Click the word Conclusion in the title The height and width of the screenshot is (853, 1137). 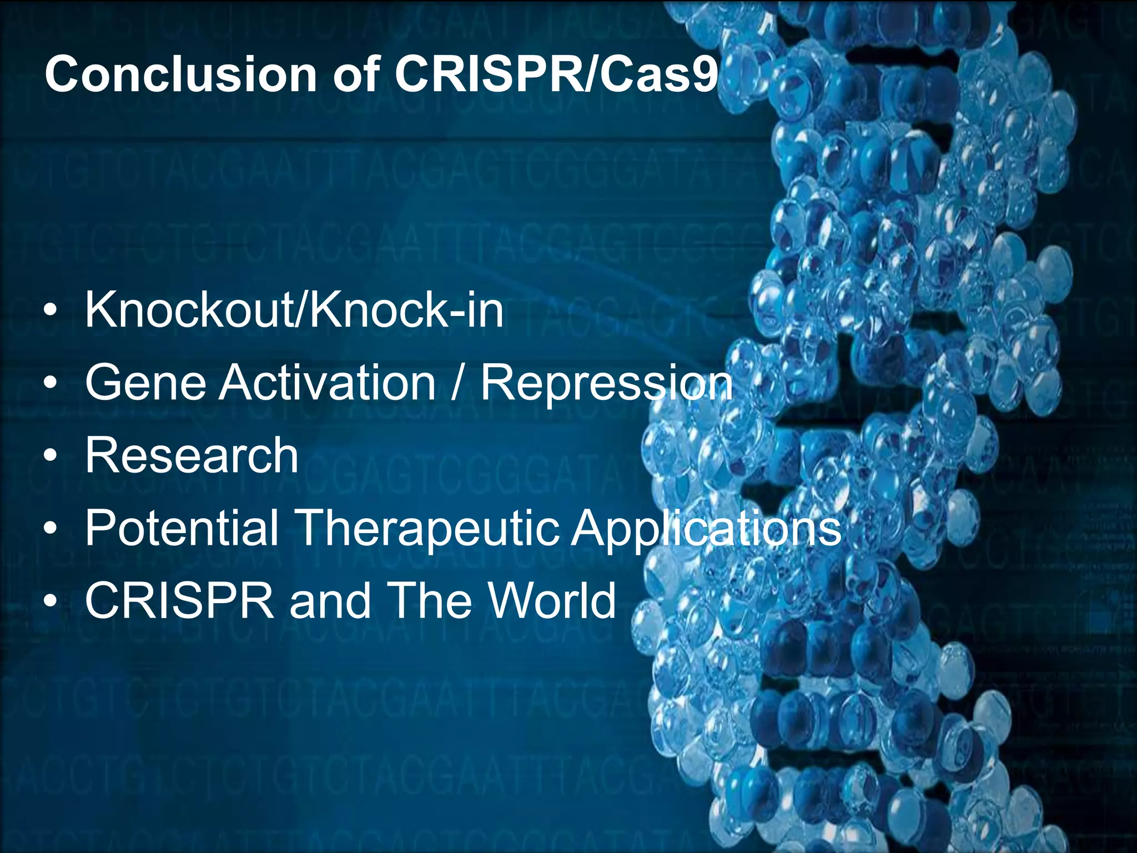pyautogui.click(x=181, y=74)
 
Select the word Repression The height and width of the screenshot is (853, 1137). pyautogui.click(x=606, y=383)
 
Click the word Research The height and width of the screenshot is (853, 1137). pyautogui.click(x=192, y=455)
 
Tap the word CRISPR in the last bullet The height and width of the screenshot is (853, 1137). pyautogui.click(x=179, y=601)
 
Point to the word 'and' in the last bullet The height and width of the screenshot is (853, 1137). pyautogui.click(x=330, y=601)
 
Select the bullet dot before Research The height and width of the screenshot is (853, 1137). pyautogui.click(x=51, y=456)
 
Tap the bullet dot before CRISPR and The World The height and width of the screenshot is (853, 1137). pyautogui.click(x=51, y=602)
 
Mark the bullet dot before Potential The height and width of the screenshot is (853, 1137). pyautogui.click(x=51, y=529)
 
